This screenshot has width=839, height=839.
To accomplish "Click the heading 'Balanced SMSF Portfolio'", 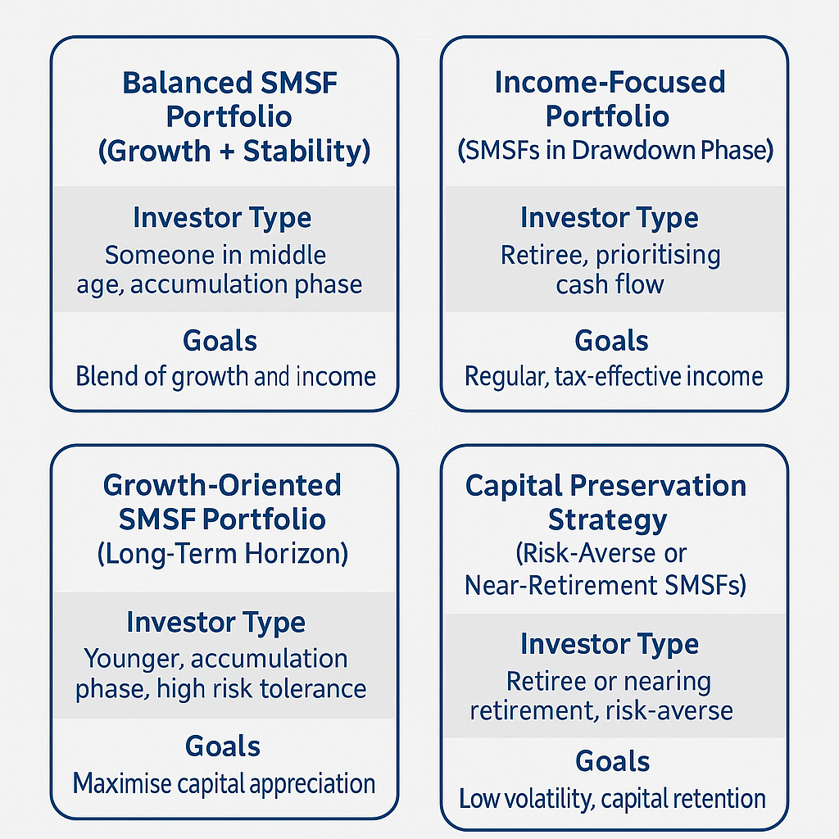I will [229, 99].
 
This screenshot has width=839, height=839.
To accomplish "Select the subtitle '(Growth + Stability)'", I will [234, 152].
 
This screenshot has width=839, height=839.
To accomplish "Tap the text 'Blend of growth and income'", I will [225, 376].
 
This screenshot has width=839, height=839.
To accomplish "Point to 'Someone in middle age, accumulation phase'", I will [221, 270].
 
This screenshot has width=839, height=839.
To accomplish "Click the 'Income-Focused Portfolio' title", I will [610, 99].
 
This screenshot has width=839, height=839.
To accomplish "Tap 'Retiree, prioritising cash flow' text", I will [610, 270].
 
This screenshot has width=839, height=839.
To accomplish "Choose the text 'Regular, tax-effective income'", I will [613, 376].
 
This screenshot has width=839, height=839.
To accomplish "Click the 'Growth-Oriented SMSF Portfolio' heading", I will [222, 501].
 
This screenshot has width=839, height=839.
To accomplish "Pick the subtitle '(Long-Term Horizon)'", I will [222, 554].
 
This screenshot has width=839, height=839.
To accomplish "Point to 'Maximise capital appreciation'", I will [224, 783].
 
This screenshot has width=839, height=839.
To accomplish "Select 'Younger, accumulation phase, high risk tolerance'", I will [220, 673].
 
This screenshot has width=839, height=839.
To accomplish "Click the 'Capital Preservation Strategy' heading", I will [606, 502].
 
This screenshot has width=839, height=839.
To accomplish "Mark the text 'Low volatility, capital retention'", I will [612, 798].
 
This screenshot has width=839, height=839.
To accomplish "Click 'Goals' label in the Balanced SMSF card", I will [220, 340].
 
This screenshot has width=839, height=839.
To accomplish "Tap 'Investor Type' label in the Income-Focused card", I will [610, 218].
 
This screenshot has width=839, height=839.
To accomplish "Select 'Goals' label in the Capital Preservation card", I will [612, 761].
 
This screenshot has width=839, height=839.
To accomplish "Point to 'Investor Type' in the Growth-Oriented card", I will [215, 622].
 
